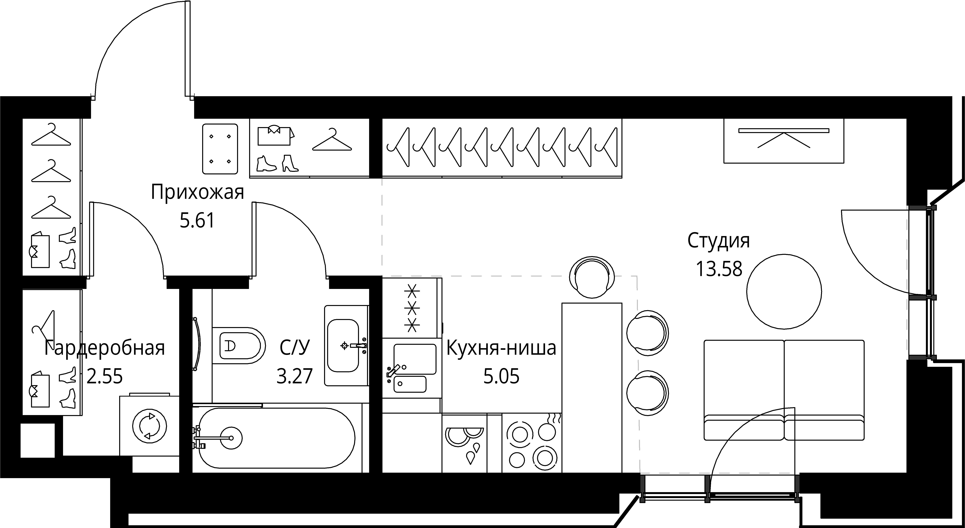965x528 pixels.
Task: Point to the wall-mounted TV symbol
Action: (784, 141)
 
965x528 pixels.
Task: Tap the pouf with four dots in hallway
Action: (220, 149)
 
